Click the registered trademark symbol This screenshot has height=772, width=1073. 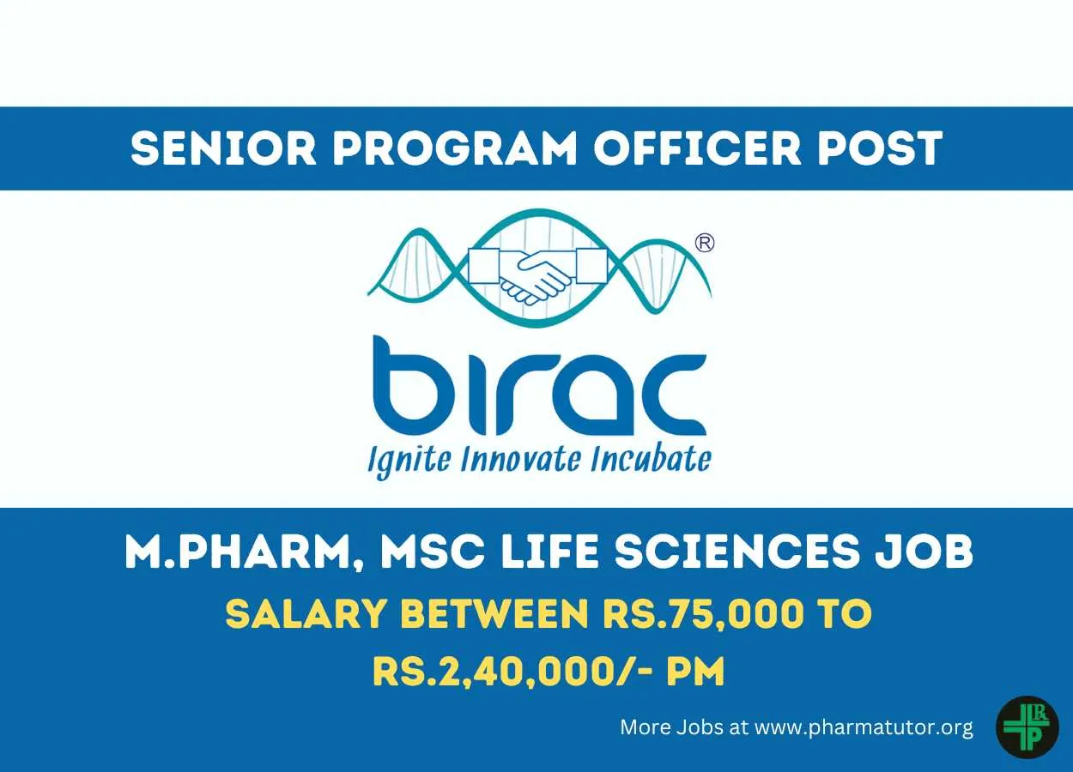[704, 243]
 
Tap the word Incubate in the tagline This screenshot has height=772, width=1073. [650, 459]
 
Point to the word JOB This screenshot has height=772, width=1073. [924, 552]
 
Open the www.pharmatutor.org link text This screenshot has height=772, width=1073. [864, 727]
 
